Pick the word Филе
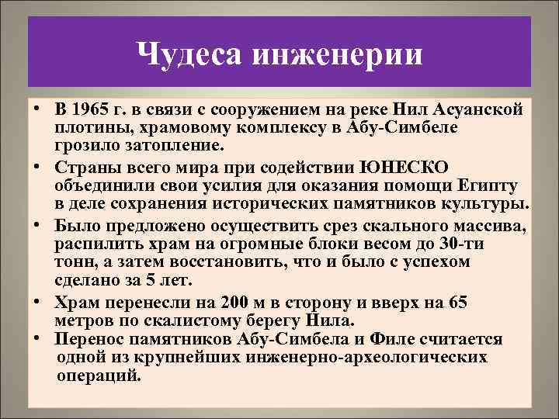click(x=400, y=340)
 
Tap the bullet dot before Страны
click(x=36, y=169)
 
